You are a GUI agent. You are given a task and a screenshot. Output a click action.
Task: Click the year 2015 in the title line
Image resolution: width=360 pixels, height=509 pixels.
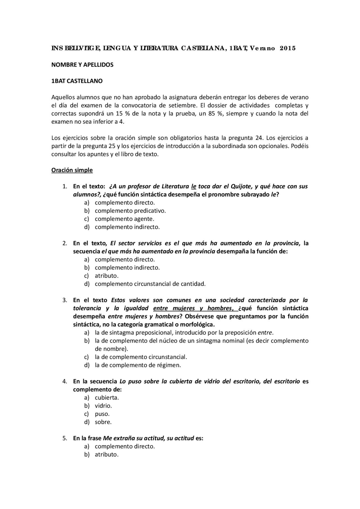tap(288, 48)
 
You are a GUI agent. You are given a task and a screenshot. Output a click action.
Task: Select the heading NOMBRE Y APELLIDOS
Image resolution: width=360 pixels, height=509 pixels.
tap(82, 65)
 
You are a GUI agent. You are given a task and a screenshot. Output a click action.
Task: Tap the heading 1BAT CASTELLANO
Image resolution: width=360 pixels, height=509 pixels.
tap(77, 81)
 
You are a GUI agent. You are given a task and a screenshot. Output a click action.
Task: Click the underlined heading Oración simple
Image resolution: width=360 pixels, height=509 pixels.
tap(72, 170)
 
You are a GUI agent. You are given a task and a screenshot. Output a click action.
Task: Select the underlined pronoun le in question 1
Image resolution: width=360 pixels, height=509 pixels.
tap(193, 186)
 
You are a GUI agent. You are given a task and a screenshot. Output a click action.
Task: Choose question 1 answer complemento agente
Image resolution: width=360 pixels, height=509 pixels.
tap(124, 219)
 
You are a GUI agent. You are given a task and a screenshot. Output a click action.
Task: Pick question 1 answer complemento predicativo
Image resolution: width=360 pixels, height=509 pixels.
tap(130, 211)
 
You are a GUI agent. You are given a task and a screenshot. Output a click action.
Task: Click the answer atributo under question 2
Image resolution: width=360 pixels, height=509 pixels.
tap(107, 276)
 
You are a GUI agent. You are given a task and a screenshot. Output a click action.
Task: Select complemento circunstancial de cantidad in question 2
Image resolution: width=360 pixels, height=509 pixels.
tap(150, 284)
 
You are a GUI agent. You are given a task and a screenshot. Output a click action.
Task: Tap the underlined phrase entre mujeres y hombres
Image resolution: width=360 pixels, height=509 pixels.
tap(193, 308)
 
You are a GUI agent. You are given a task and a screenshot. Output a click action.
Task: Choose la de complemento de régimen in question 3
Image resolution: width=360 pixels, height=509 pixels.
tap(138, 365)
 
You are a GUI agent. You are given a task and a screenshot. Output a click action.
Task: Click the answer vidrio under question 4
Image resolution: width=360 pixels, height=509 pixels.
tap(103, 406)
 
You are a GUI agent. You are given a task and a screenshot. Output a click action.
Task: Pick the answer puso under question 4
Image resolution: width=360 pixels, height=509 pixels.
tap(102, 414)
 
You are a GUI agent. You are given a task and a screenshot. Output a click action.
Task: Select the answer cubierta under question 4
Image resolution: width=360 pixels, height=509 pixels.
tap(107, 398)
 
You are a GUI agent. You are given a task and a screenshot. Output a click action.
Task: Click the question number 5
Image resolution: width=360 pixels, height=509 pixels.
tap(65, 438)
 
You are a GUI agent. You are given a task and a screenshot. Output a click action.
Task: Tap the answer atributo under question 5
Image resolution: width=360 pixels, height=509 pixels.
tap(107, 454)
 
